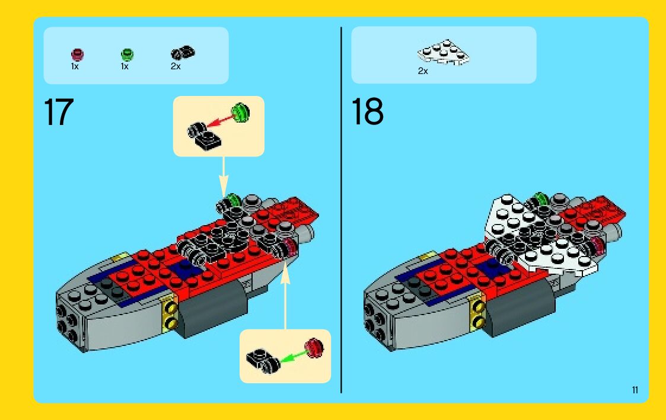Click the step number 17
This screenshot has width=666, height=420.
[59, 112]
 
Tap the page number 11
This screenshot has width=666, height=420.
[635, 390]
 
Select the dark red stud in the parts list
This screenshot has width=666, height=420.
[77, 54]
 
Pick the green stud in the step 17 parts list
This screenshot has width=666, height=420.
[127, 54]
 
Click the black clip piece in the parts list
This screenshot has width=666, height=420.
[183, 53]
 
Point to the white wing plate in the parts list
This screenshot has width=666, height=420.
[444, 53]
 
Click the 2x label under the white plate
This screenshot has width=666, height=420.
[423, 71]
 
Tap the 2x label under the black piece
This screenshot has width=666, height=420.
[176, 66]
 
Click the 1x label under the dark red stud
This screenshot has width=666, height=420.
[75, 66]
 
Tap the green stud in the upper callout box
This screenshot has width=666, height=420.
[240, 113]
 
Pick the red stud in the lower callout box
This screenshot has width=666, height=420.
[314, 348]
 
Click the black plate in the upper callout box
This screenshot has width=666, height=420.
[204, 136]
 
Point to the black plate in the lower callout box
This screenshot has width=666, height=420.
[263, 362]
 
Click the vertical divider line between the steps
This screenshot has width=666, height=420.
[341, 210]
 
